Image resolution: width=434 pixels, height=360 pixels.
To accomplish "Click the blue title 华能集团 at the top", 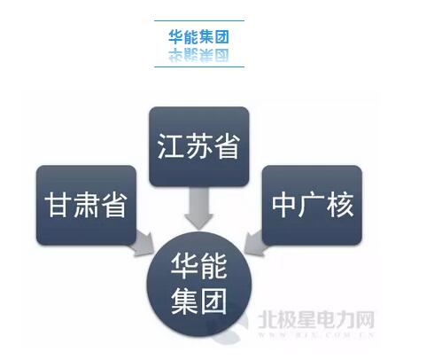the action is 199,36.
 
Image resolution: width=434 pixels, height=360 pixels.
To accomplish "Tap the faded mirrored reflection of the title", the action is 199,55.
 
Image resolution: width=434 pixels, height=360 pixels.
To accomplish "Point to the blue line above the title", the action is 199,21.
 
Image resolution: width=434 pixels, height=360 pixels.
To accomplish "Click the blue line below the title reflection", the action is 199,67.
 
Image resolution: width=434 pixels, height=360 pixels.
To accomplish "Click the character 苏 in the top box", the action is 198,146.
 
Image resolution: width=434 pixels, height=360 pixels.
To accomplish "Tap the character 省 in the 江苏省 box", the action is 226,146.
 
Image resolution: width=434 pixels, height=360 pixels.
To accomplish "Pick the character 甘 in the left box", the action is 58,205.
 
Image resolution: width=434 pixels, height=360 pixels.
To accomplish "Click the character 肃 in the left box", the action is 86,205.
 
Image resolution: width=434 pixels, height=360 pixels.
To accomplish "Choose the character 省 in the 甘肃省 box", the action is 114,205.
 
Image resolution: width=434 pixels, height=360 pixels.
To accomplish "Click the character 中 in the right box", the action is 283,205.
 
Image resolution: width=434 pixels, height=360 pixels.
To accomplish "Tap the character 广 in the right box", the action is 312,205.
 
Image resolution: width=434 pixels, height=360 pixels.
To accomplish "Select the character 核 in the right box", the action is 339,205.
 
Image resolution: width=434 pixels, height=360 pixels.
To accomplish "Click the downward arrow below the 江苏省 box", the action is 198,208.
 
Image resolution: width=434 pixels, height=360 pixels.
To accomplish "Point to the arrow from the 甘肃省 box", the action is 144,243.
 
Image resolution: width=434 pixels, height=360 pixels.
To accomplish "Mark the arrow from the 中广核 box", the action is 254,242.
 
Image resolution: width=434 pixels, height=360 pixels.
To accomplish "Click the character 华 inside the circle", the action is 184,266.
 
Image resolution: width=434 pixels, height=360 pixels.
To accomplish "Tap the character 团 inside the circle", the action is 213,301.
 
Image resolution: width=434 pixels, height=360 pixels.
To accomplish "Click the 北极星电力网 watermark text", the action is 316,319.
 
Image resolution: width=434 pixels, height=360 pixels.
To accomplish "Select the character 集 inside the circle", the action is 184,301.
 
